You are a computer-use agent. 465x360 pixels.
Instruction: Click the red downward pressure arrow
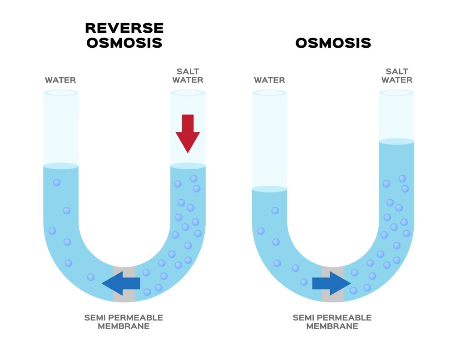tap(188, 133)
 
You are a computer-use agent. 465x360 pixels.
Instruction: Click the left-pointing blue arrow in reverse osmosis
tap(121, 284)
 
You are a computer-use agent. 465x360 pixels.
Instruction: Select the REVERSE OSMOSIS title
tap(124, 35)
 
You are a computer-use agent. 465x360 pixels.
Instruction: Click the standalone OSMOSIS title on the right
tap(333, 43)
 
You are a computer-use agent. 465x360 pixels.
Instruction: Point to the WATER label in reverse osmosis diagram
tap(60, 80)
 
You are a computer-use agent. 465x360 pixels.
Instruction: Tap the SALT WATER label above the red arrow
tap(188, 76)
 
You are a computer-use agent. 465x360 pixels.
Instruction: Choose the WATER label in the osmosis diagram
tap(269, 80)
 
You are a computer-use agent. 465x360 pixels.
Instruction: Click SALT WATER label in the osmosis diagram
tap(396, 76)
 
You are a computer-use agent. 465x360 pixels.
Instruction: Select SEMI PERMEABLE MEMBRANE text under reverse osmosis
tap(124, 322)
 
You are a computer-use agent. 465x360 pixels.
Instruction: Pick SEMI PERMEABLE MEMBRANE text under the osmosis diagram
tap(332, 322)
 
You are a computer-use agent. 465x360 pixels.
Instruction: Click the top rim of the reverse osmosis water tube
tap(61, 93)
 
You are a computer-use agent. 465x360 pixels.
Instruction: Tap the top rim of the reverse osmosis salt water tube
tap(188, 93)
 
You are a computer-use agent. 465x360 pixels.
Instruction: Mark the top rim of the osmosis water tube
tap(269, 93)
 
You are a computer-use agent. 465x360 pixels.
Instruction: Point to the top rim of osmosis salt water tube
tap(396, 93)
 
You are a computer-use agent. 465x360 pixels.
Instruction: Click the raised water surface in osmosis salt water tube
tap(396, 142)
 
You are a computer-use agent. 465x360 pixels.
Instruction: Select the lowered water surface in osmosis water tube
tap(269, 189)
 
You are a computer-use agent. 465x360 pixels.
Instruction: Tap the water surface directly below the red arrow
tap(188, 166)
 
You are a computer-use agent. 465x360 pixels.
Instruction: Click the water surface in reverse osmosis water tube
tap(61, 166)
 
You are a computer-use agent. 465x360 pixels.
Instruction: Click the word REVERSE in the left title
tap(124, 28)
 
